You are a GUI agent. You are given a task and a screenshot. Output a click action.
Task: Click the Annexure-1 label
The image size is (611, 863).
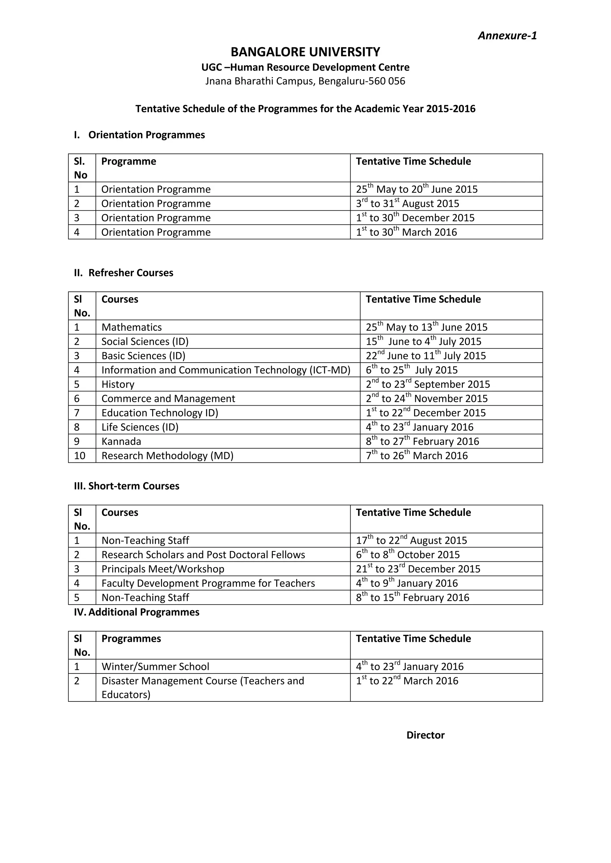click(x=507, y=36)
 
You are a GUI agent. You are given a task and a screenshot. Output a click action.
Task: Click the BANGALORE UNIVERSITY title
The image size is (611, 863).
click(x=305, y=52)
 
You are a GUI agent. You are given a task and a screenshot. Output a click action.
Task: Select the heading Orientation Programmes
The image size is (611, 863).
click(x=146, y=135)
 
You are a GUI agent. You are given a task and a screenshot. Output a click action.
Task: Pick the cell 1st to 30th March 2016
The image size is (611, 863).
click(x=406, y=232)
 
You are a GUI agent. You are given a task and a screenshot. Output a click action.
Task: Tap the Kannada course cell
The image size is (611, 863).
click(x=121, y=442)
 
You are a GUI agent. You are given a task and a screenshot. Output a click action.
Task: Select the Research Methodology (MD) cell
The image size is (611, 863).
click(x=167, y=456)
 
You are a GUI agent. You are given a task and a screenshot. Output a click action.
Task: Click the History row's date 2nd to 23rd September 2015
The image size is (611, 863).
click(x=428, y=384)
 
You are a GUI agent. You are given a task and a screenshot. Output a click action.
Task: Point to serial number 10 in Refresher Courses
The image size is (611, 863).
click(x=80, y=456)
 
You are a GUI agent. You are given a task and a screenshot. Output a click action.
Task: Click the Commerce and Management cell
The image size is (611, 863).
click(x=168, y=399)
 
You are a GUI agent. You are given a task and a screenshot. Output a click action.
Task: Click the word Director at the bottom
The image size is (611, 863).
click(x=425, y=735)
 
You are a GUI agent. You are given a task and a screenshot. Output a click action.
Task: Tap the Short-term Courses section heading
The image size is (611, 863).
click(x=134, y=486)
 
